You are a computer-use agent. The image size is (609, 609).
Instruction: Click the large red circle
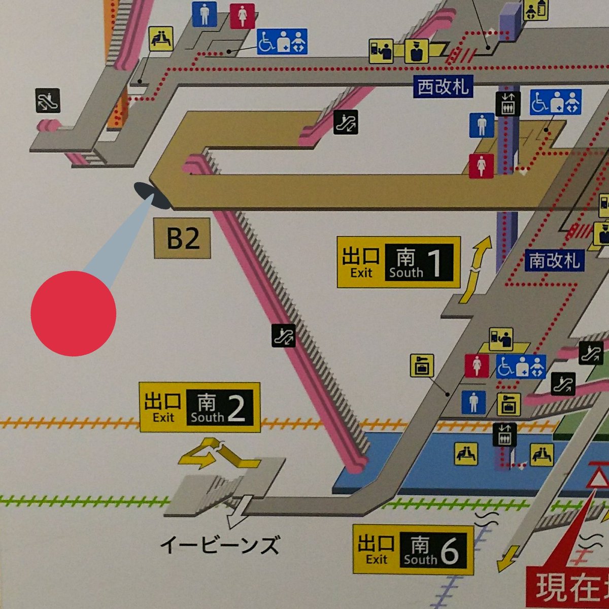click(x=74, y=313)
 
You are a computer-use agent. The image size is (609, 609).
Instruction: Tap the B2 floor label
click(x=182, y=239)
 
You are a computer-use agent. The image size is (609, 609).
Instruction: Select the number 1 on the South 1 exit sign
click(x=434, y=263)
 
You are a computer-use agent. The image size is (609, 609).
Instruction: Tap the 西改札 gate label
click(x=443, y=87)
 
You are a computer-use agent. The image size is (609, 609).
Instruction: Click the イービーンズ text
click(x=219, y=546)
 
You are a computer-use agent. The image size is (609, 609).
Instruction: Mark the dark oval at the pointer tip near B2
click(x=152, y=196)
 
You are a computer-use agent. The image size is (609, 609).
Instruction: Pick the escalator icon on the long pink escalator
click(x=283, y=335)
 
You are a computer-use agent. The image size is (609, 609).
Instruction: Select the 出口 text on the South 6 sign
click(x=376, y=544)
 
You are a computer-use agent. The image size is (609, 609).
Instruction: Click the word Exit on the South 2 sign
click(x=163, y=418)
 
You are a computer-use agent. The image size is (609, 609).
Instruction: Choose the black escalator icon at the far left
click(x=48, y=100)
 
